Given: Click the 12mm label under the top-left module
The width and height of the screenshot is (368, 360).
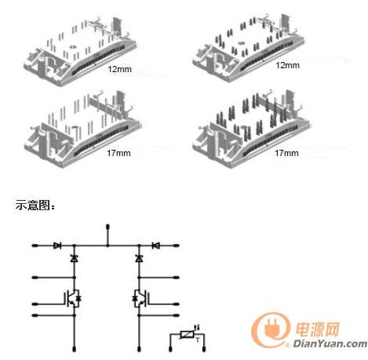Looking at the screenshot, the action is [x=119, y=69].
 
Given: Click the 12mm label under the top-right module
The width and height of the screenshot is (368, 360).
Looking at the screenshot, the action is [x=287, y=65].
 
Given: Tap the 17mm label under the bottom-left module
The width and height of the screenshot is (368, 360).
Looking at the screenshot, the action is [x=118, y=153].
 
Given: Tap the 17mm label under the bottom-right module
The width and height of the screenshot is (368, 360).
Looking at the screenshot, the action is [x=286, y=153].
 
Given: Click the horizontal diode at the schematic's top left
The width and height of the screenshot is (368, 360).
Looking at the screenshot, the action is [x=57, y=245].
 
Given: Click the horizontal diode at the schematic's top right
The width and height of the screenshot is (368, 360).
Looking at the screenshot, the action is [x=156, y=245].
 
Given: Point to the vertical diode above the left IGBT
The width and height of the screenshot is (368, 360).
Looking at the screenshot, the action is [x=75, y=258].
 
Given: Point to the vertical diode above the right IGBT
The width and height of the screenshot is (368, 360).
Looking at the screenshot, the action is [x=139, y=258].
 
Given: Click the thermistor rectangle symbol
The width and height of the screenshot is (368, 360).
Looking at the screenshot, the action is [x=187, y=334].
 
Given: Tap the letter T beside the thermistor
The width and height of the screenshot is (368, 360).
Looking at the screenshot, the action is [x=198, y=340].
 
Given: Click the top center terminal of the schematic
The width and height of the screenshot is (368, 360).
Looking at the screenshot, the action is [x=107, y=227].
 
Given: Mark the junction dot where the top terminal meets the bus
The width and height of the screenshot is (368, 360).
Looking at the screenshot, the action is [x=107, y=245].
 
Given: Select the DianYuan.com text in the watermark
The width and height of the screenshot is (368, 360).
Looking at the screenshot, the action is [x=330, y=344].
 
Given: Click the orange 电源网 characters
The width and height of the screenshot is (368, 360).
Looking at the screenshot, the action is [x=318, y=329].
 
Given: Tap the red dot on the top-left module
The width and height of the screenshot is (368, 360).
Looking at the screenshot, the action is [x=72, y=47].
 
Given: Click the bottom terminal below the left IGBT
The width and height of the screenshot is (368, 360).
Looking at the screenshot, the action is [x=75, y=349].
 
